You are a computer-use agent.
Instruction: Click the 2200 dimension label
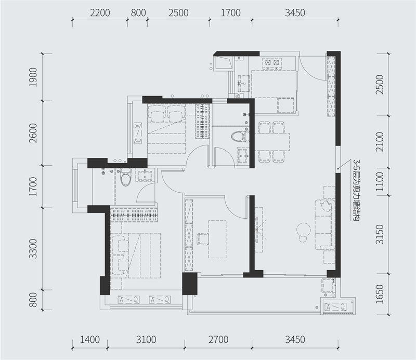tap(100, 12)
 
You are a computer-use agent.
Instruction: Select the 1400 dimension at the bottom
tap(90, 340)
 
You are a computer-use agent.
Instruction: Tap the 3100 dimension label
tap(146, 340)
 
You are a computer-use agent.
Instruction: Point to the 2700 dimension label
tap(218, 340)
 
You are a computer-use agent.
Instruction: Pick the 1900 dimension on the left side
tap(33, 77)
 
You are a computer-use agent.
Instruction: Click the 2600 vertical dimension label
tap(33, 133)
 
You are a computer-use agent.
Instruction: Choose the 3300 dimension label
tap(33, 249)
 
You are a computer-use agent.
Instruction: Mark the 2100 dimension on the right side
tap(380, 142)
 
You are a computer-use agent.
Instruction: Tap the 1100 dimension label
tap(380, 182)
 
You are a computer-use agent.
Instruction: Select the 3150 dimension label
tap(380, 234)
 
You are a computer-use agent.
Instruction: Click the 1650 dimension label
tap(380, 294)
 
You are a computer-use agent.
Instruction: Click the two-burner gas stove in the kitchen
tap(272, 62)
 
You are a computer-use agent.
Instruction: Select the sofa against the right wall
tap(324, 225)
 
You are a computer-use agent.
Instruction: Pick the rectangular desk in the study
tap(217, 239)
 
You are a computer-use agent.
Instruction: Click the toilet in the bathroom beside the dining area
tap(240, 137)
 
